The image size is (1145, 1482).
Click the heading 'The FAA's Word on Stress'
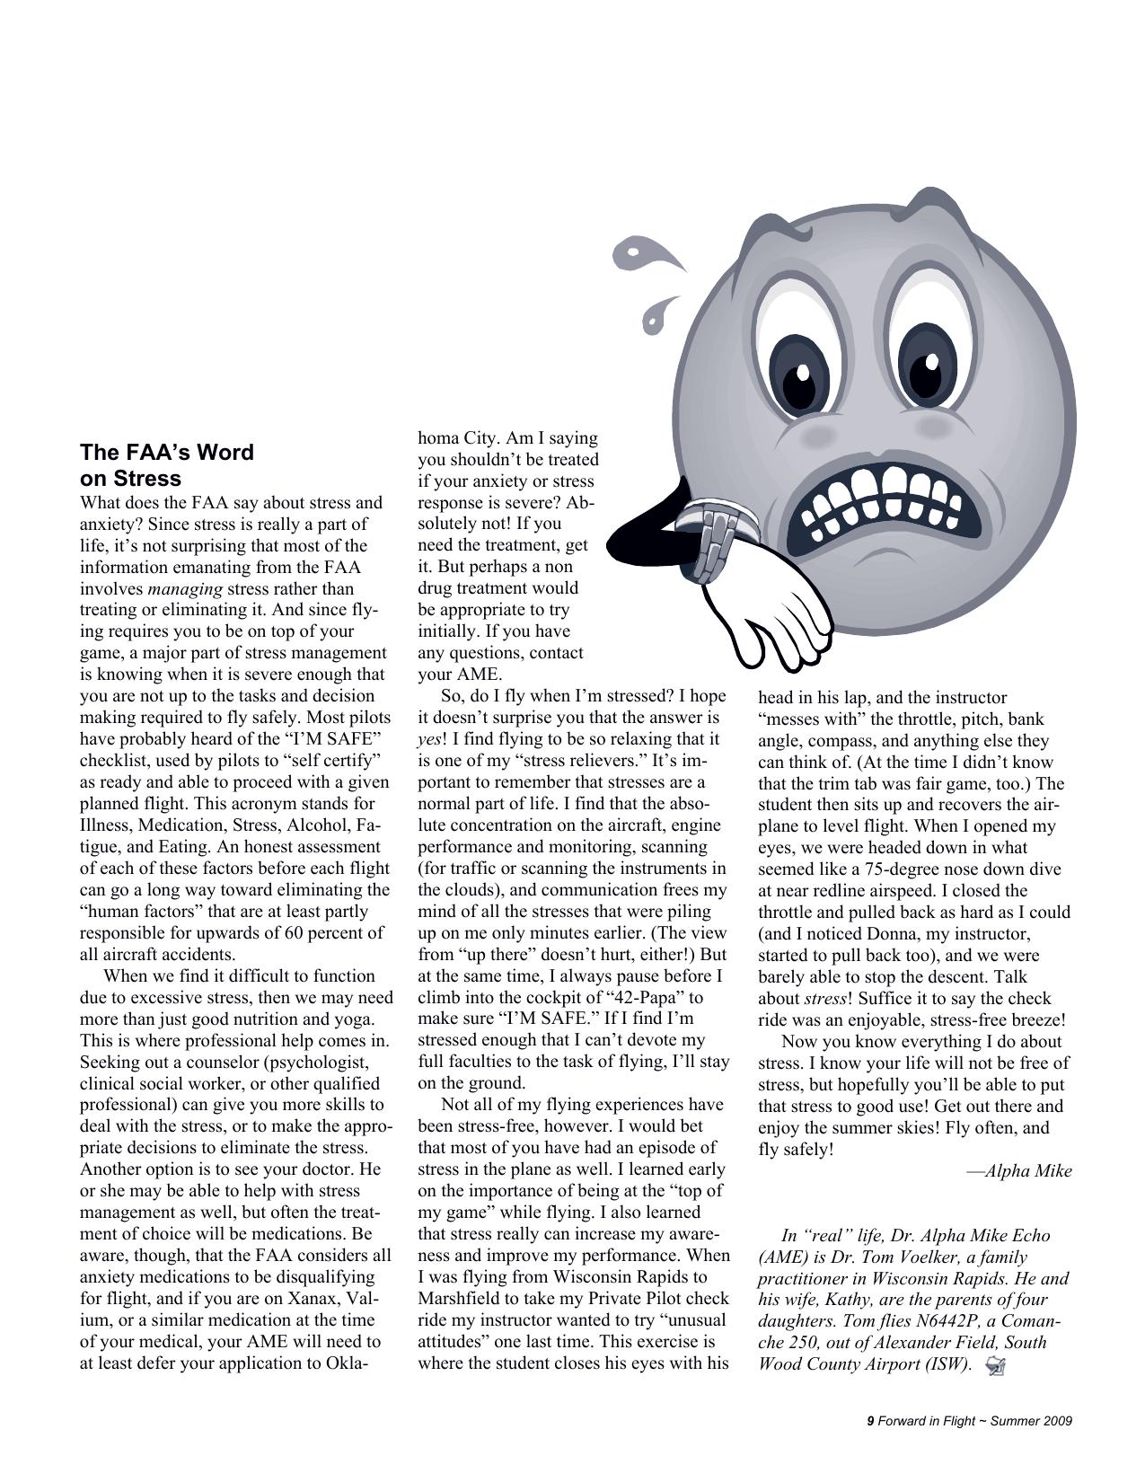click(167, 464)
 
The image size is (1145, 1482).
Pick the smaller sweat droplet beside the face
click(659, 313)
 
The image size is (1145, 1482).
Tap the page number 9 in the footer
click(870, 1421)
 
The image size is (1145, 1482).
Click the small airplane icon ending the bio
click(995, 1366)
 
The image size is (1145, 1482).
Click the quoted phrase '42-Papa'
click(644, 997)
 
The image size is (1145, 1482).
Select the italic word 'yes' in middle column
click(429, 739)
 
